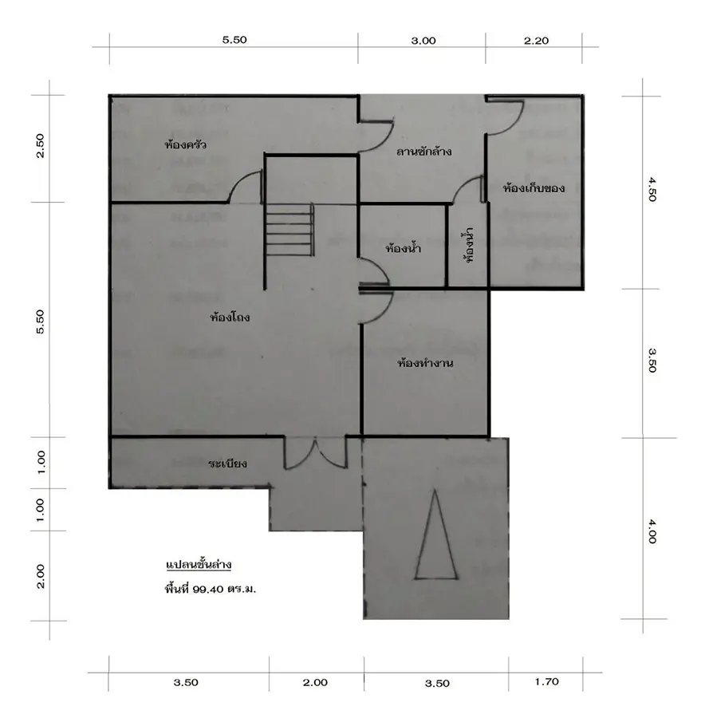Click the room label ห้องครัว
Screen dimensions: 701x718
coord(186,144)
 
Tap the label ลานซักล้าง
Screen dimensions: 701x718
coord(424,152)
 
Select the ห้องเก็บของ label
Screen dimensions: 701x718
coord(534,187)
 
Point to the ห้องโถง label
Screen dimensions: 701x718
coord(230,317)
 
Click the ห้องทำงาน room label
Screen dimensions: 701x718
coord(425,363)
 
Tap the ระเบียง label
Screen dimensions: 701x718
coord(227,464)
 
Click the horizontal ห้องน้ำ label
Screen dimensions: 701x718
coord(403,249)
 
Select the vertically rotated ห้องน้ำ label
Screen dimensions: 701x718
coord(468,245)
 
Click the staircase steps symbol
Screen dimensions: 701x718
coord(289,229)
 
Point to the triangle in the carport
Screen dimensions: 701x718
coord(435,535)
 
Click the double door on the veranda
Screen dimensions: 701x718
coord(316,453)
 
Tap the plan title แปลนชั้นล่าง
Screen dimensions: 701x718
coord(199,564)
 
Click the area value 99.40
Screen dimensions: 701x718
coord(208,590)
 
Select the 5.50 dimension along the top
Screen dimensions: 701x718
coord(234,40)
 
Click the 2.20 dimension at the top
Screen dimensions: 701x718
coord(536,41)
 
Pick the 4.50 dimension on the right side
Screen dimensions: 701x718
coord(652,189)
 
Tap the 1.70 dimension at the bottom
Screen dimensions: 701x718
coord(547,682)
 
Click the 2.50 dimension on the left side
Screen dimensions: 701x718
coord(41,146)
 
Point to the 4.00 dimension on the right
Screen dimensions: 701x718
coord(652,531)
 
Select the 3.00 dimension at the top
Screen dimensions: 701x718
coord(423,41)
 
